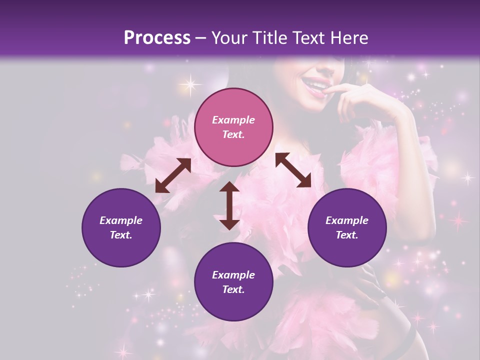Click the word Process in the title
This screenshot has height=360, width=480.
[157, 38]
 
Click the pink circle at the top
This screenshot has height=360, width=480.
[233, 127]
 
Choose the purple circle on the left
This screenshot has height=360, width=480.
[121, 227]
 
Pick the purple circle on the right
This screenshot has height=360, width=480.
[347, 227]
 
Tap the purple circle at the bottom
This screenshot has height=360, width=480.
[233, 282]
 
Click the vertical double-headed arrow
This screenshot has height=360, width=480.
[229, 205]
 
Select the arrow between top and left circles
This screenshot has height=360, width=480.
[173, 175]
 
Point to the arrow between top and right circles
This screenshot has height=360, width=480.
[293, 170]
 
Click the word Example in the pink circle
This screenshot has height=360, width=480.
[233, 120]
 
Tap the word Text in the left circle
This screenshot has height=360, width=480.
[121, 235]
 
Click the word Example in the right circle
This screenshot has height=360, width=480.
[347, 220]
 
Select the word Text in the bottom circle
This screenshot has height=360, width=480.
[233, 289]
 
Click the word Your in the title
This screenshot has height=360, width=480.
[224, 38]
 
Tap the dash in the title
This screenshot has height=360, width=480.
[200, 38]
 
